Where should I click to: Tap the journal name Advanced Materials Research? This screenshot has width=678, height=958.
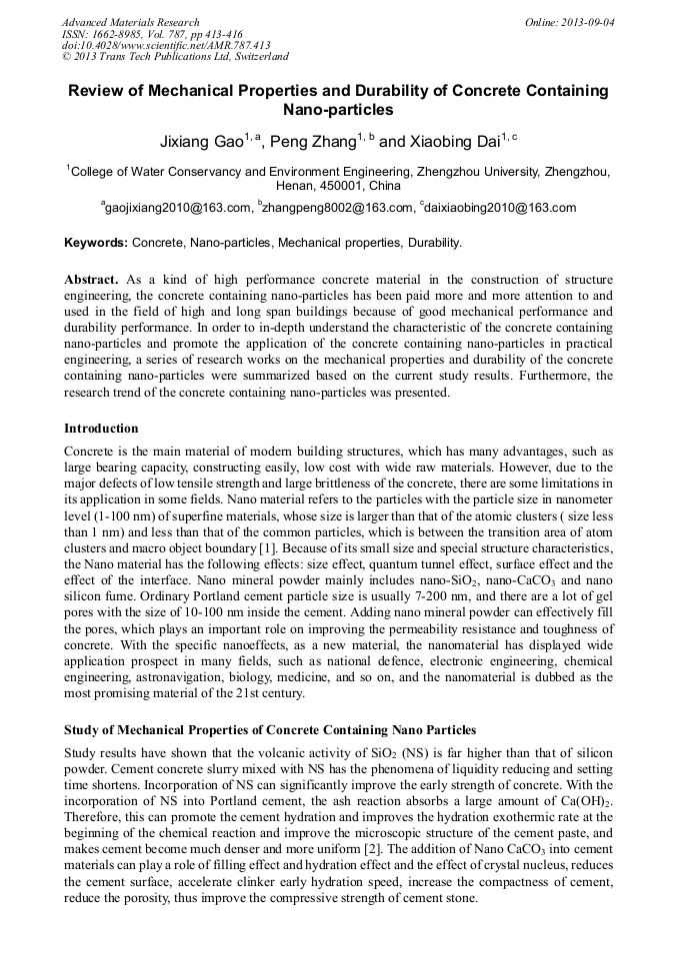click(x=130, y=22)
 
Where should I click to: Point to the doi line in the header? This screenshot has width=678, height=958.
click(x=166, y=45)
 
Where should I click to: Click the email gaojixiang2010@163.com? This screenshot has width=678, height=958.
click(x=179, y=208)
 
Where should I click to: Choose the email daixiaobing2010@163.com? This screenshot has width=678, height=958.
click(x=500, y=208)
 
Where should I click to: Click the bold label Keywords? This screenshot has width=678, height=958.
click(x=96, y=243)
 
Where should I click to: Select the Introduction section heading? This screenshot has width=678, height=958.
click(x=101, y=429)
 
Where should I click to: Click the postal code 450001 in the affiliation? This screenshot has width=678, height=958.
click(x=324, y=186)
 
